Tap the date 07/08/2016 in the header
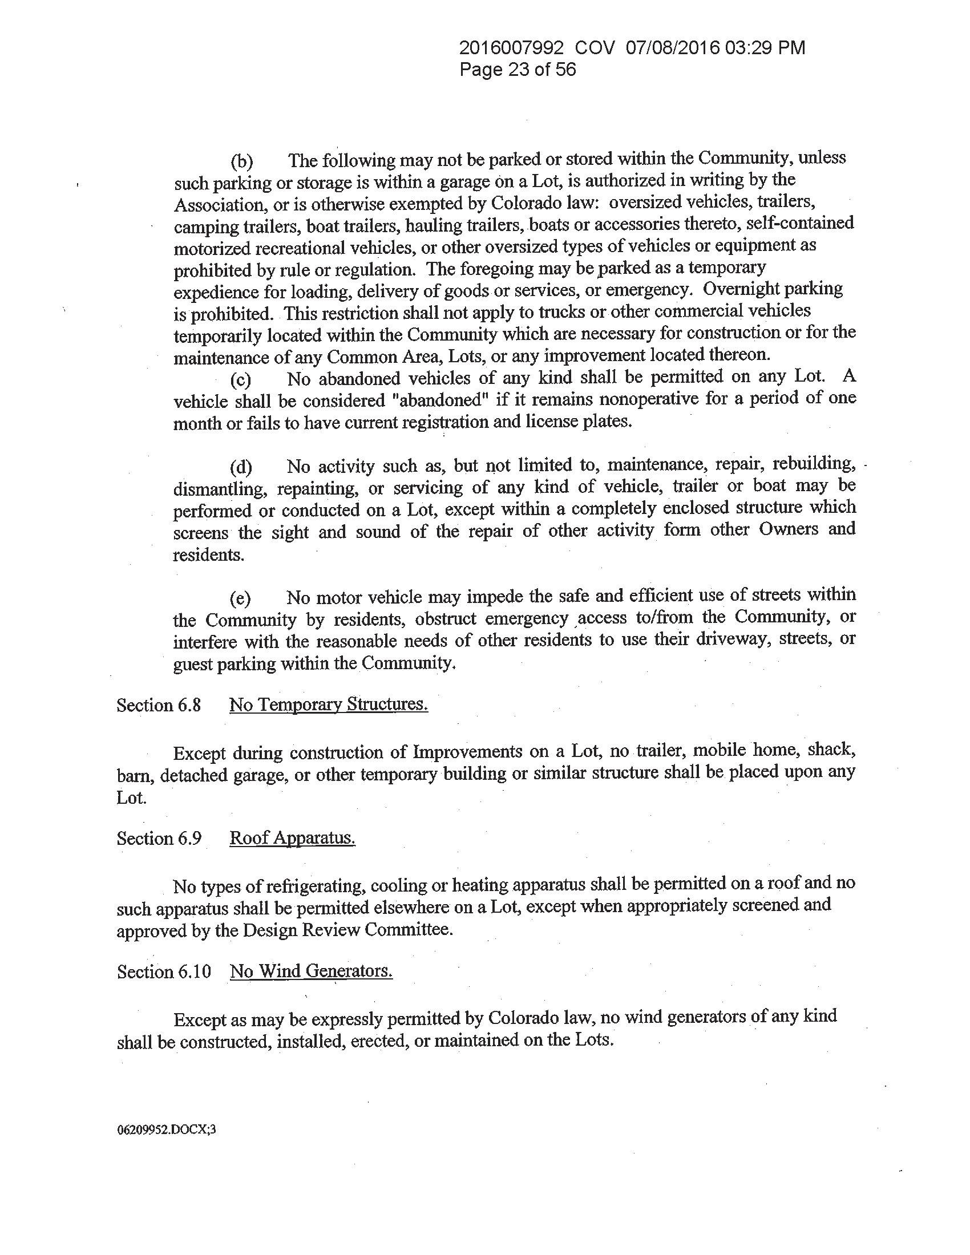[672, 48]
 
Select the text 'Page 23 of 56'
[517, 70]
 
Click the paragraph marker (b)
[241, 162]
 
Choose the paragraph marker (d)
[241, 467]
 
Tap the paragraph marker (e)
[240, 600]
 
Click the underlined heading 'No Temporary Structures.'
[329, 705]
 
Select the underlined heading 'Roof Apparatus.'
[292, 838]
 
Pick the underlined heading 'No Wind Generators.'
[311, 971]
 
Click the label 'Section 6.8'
[159, 705]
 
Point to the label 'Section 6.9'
[159, 839]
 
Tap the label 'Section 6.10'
[164, 971]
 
